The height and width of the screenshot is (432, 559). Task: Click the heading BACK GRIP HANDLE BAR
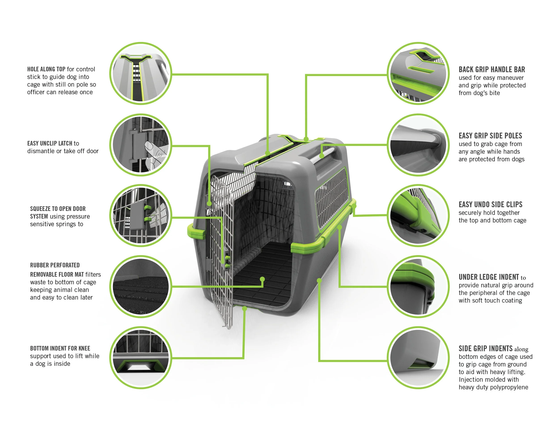(x=491, y=69)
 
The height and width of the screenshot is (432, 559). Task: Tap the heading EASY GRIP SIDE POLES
(x=490, y=136)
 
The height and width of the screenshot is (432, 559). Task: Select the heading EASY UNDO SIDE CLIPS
(x=490, y=204)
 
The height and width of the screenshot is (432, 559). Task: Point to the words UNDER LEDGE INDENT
(x=489, y=277)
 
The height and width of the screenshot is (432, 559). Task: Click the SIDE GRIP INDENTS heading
(x=485, y=348)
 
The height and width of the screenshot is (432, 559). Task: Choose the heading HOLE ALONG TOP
(x=46, y=69)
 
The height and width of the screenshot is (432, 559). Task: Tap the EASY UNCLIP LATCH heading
(x=50, y=143)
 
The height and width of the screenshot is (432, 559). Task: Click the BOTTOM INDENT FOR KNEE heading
(x=60, y=348)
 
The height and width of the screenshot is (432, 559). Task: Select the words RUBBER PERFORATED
(x=55, y=265)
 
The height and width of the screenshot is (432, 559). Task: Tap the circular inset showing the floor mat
(x=141, y=286)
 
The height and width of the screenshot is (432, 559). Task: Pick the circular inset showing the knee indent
(x=141, y=358)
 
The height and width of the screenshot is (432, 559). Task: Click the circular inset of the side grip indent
(x=418, y=358)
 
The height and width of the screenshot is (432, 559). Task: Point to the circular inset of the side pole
(x=418, y=145)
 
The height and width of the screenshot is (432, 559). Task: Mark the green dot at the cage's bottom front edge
(x=244, y=308)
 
